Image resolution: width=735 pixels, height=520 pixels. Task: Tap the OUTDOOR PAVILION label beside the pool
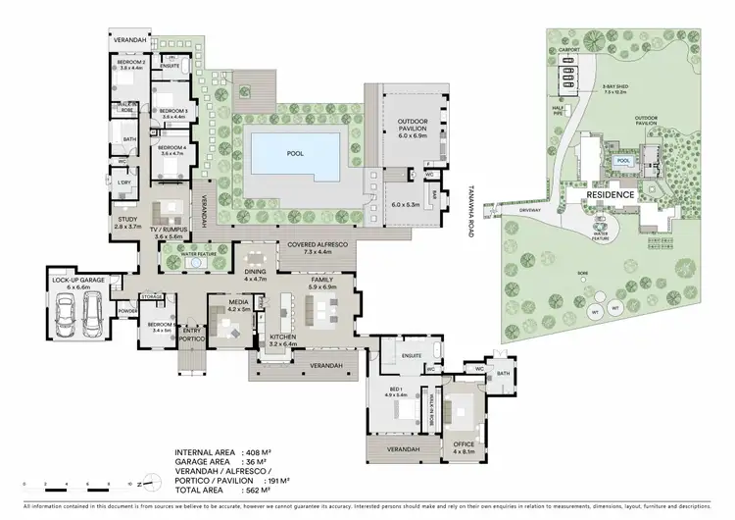pos(412,125)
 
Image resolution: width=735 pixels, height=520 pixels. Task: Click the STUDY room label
pos(127,222)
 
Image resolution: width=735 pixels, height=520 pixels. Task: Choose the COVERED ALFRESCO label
pos(312,248)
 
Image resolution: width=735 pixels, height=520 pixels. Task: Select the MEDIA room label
pos(238,305)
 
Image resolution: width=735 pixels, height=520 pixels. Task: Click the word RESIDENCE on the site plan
pos(612,195)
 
